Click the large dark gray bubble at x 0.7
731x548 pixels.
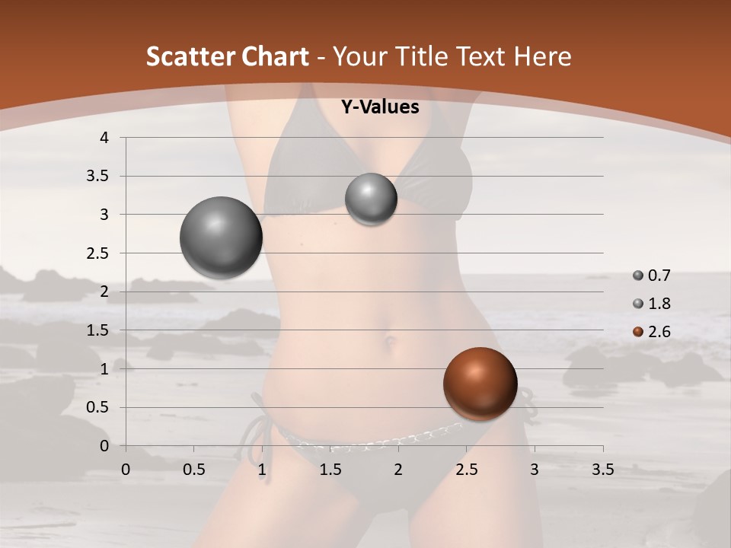click(221, 237)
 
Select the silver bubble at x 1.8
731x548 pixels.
click(371, 199)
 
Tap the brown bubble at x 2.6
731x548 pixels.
click(480, 384)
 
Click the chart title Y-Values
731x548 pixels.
click(379, 107)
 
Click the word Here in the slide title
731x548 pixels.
click(542, 56)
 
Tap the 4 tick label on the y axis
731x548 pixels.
click(104, 138)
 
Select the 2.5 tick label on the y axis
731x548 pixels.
click(97, 253)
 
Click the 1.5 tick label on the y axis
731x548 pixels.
click(97, 330)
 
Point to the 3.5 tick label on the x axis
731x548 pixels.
click(602, 470)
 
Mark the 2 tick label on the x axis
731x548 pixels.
click(398, 470)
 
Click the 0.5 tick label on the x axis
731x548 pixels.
click(193, 470)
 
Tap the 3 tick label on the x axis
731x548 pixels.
click(535, 470)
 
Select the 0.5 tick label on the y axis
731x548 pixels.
click(97, 408)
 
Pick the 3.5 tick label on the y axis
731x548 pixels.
click(97, 177)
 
